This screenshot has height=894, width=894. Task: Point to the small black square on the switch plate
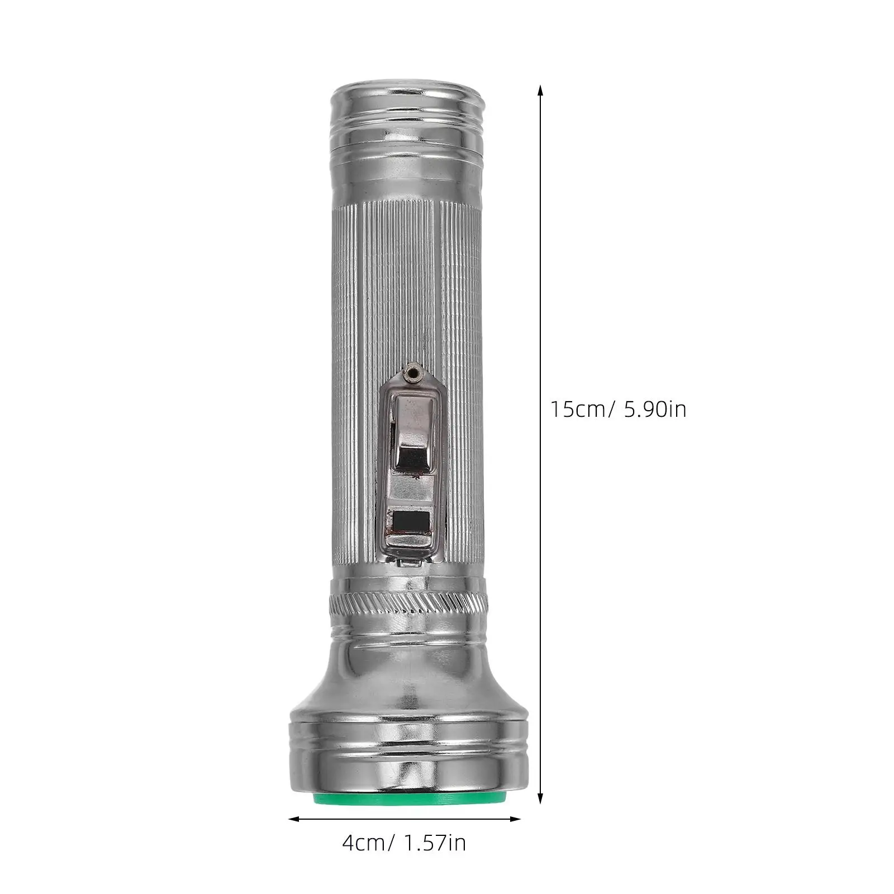click(x=411, y=522)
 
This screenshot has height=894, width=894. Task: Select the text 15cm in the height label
click(x=578, y=410)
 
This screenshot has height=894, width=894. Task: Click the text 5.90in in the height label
click(x=655, y=410)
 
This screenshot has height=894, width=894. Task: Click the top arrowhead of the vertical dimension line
click(x=540, y=89)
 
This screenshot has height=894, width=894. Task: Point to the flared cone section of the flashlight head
click(x=408, y=682)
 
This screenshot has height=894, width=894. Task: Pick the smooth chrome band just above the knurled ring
click(x=408, y=584)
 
